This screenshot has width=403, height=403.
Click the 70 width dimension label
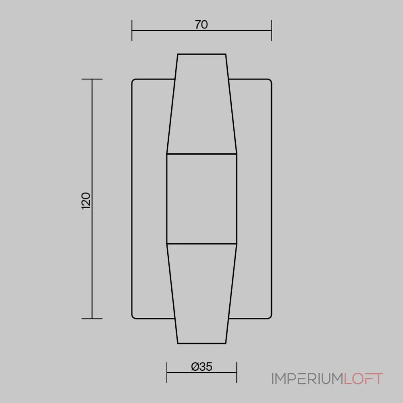201,25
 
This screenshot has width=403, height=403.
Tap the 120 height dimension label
86,201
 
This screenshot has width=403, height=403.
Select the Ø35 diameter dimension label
202,367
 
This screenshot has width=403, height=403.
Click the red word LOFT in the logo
363,379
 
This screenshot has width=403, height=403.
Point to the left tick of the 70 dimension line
132,31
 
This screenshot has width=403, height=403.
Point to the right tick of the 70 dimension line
272,31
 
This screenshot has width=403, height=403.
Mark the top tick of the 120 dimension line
92,79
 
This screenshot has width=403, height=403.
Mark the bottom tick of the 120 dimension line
92,319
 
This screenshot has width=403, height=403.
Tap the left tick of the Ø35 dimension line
167,372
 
